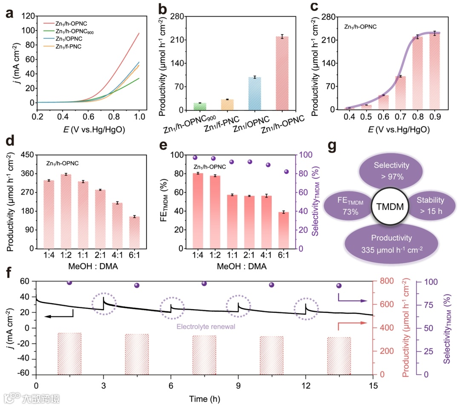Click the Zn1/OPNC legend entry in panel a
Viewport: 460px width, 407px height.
point(68,39)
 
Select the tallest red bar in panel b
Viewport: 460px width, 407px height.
point(282,73)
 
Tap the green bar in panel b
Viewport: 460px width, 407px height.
point(200,106)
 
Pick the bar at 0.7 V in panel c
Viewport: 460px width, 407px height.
point(400,93)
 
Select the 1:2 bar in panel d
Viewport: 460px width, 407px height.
point(66,211)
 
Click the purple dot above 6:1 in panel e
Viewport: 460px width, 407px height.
point(286,172)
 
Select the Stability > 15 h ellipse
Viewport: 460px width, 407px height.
point(430,205)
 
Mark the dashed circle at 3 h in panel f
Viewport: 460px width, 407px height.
point(104,305)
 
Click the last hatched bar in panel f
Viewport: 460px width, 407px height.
point(339,355)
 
